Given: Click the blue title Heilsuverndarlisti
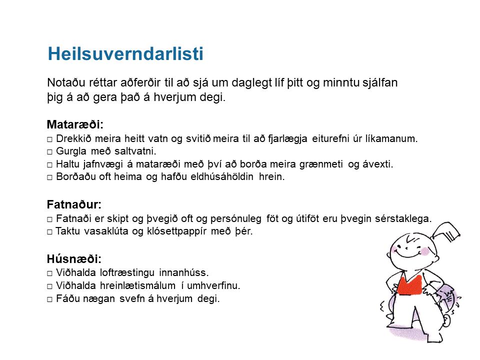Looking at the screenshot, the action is click(x=125, y=54).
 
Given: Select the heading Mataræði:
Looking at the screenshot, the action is click(x=75, y=124).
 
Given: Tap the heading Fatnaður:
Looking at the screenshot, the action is click(x=74, y=204).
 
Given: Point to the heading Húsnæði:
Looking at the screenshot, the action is click(x=74, y=259).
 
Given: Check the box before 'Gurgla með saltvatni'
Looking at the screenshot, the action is click(x=49, y=152).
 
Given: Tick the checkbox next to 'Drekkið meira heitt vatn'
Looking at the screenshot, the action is click(x=49, y=139).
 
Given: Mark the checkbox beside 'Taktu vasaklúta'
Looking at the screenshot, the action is click(x=49, y=231).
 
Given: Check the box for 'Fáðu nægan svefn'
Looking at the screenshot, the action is click(x=49, y=299).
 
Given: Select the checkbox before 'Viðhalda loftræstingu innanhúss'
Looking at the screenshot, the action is click(x=49, y=273).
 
